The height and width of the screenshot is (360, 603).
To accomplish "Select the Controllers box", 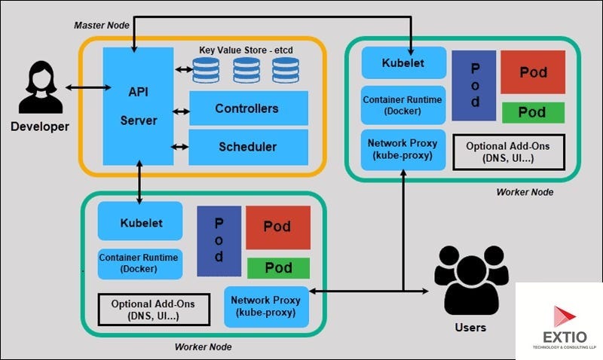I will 248,108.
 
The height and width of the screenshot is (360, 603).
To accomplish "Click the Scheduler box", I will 248,146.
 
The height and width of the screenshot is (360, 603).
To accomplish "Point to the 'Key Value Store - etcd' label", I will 245,50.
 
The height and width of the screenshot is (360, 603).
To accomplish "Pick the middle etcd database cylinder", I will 246,71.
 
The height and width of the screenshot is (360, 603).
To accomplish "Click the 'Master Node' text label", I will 102,25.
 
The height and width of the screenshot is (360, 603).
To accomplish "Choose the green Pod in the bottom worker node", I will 278,267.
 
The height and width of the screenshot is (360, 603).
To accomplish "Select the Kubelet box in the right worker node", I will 403,63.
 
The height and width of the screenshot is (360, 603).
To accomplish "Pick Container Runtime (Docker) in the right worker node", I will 403,104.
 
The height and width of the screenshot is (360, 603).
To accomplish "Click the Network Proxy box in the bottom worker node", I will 265,306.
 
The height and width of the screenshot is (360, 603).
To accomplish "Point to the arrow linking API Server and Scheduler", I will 180,147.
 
